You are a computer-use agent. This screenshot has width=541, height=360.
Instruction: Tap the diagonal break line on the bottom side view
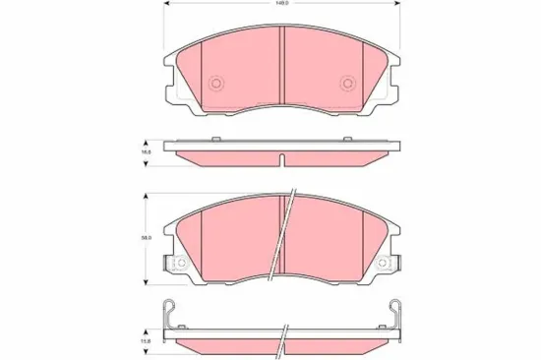[x=282, y=339]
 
